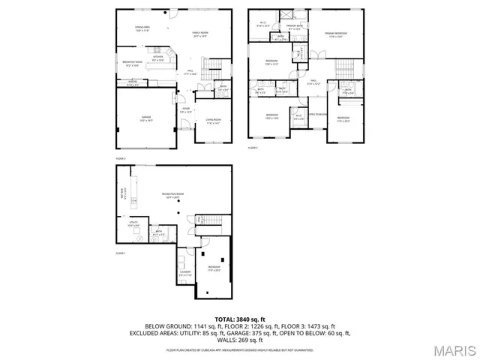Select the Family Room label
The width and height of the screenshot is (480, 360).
pos(201,34)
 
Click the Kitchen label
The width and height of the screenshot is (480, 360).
pos(159,57)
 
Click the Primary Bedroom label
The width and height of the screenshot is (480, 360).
pos(334,34)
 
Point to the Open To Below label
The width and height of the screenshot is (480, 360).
pos(319,114)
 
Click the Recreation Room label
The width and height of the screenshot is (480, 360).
pos(173,195)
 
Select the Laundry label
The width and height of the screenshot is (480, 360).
pos(185,274)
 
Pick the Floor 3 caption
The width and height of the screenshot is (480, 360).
pos(253,148)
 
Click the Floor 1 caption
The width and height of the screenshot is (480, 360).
pos(120,254)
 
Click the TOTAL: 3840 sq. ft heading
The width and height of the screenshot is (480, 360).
pos(240,319)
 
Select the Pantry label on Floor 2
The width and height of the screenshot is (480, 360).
pos(132,81)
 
